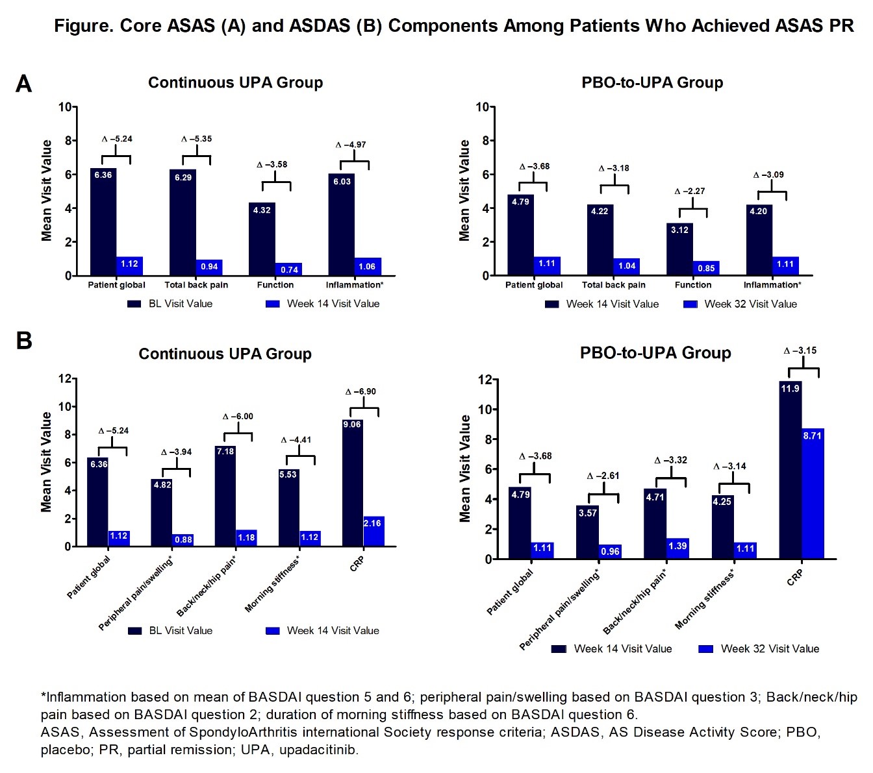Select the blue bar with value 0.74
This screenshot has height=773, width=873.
(x=289, y=269)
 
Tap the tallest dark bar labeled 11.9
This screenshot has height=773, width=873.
(x=790, y=470)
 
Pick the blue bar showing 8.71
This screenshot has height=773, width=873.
(x=813, y=493)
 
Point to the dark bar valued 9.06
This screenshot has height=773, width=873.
(x=352, y=484)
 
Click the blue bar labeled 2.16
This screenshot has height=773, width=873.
(x=373, y=532)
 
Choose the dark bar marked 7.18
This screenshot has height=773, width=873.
(x=225, y=497)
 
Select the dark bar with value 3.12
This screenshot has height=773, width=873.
(x=679, y=249)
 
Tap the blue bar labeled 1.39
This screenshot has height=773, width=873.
(x=677, y=548)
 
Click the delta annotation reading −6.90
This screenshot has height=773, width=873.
(x=361, y=391)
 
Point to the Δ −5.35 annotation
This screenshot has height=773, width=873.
(x=196, y=139)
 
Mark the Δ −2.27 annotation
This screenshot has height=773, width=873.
(x=689, y=191)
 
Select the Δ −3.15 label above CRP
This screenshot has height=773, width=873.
(x=800, y=350)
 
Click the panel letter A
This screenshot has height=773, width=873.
(x=23, y=84)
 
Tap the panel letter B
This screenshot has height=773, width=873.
(x=23, y=340)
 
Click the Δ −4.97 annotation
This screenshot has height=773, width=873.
(x=351, y=145)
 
